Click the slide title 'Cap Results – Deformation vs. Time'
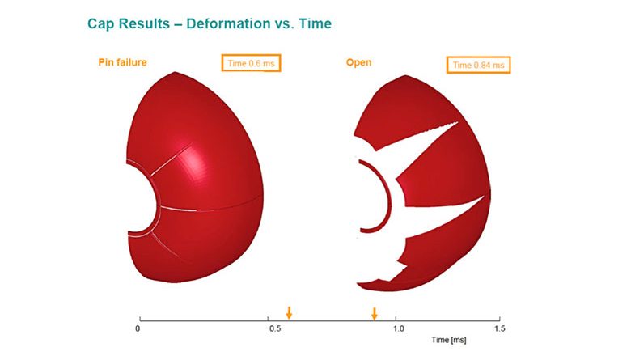[x=210, y=23]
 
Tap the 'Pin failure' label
[x=122, y=62]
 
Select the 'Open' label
[x=358, y=63]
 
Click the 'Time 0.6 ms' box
[x=251, y=63]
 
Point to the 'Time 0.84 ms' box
[x=478, y=65]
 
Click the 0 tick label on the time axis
[x=138, y=328]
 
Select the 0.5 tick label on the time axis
[x=275, y=328]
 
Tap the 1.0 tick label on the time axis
[x=398, y=328]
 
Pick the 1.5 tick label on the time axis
[x=499, y=328]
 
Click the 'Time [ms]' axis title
[x=449, y=340]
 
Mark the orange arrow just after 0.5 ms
[x=289, y=312]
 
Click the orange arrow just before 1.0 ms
[x=375, y=314]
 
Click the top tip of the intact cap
[x=175, y=72]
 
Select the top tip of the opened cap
[x=405, y=75]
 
